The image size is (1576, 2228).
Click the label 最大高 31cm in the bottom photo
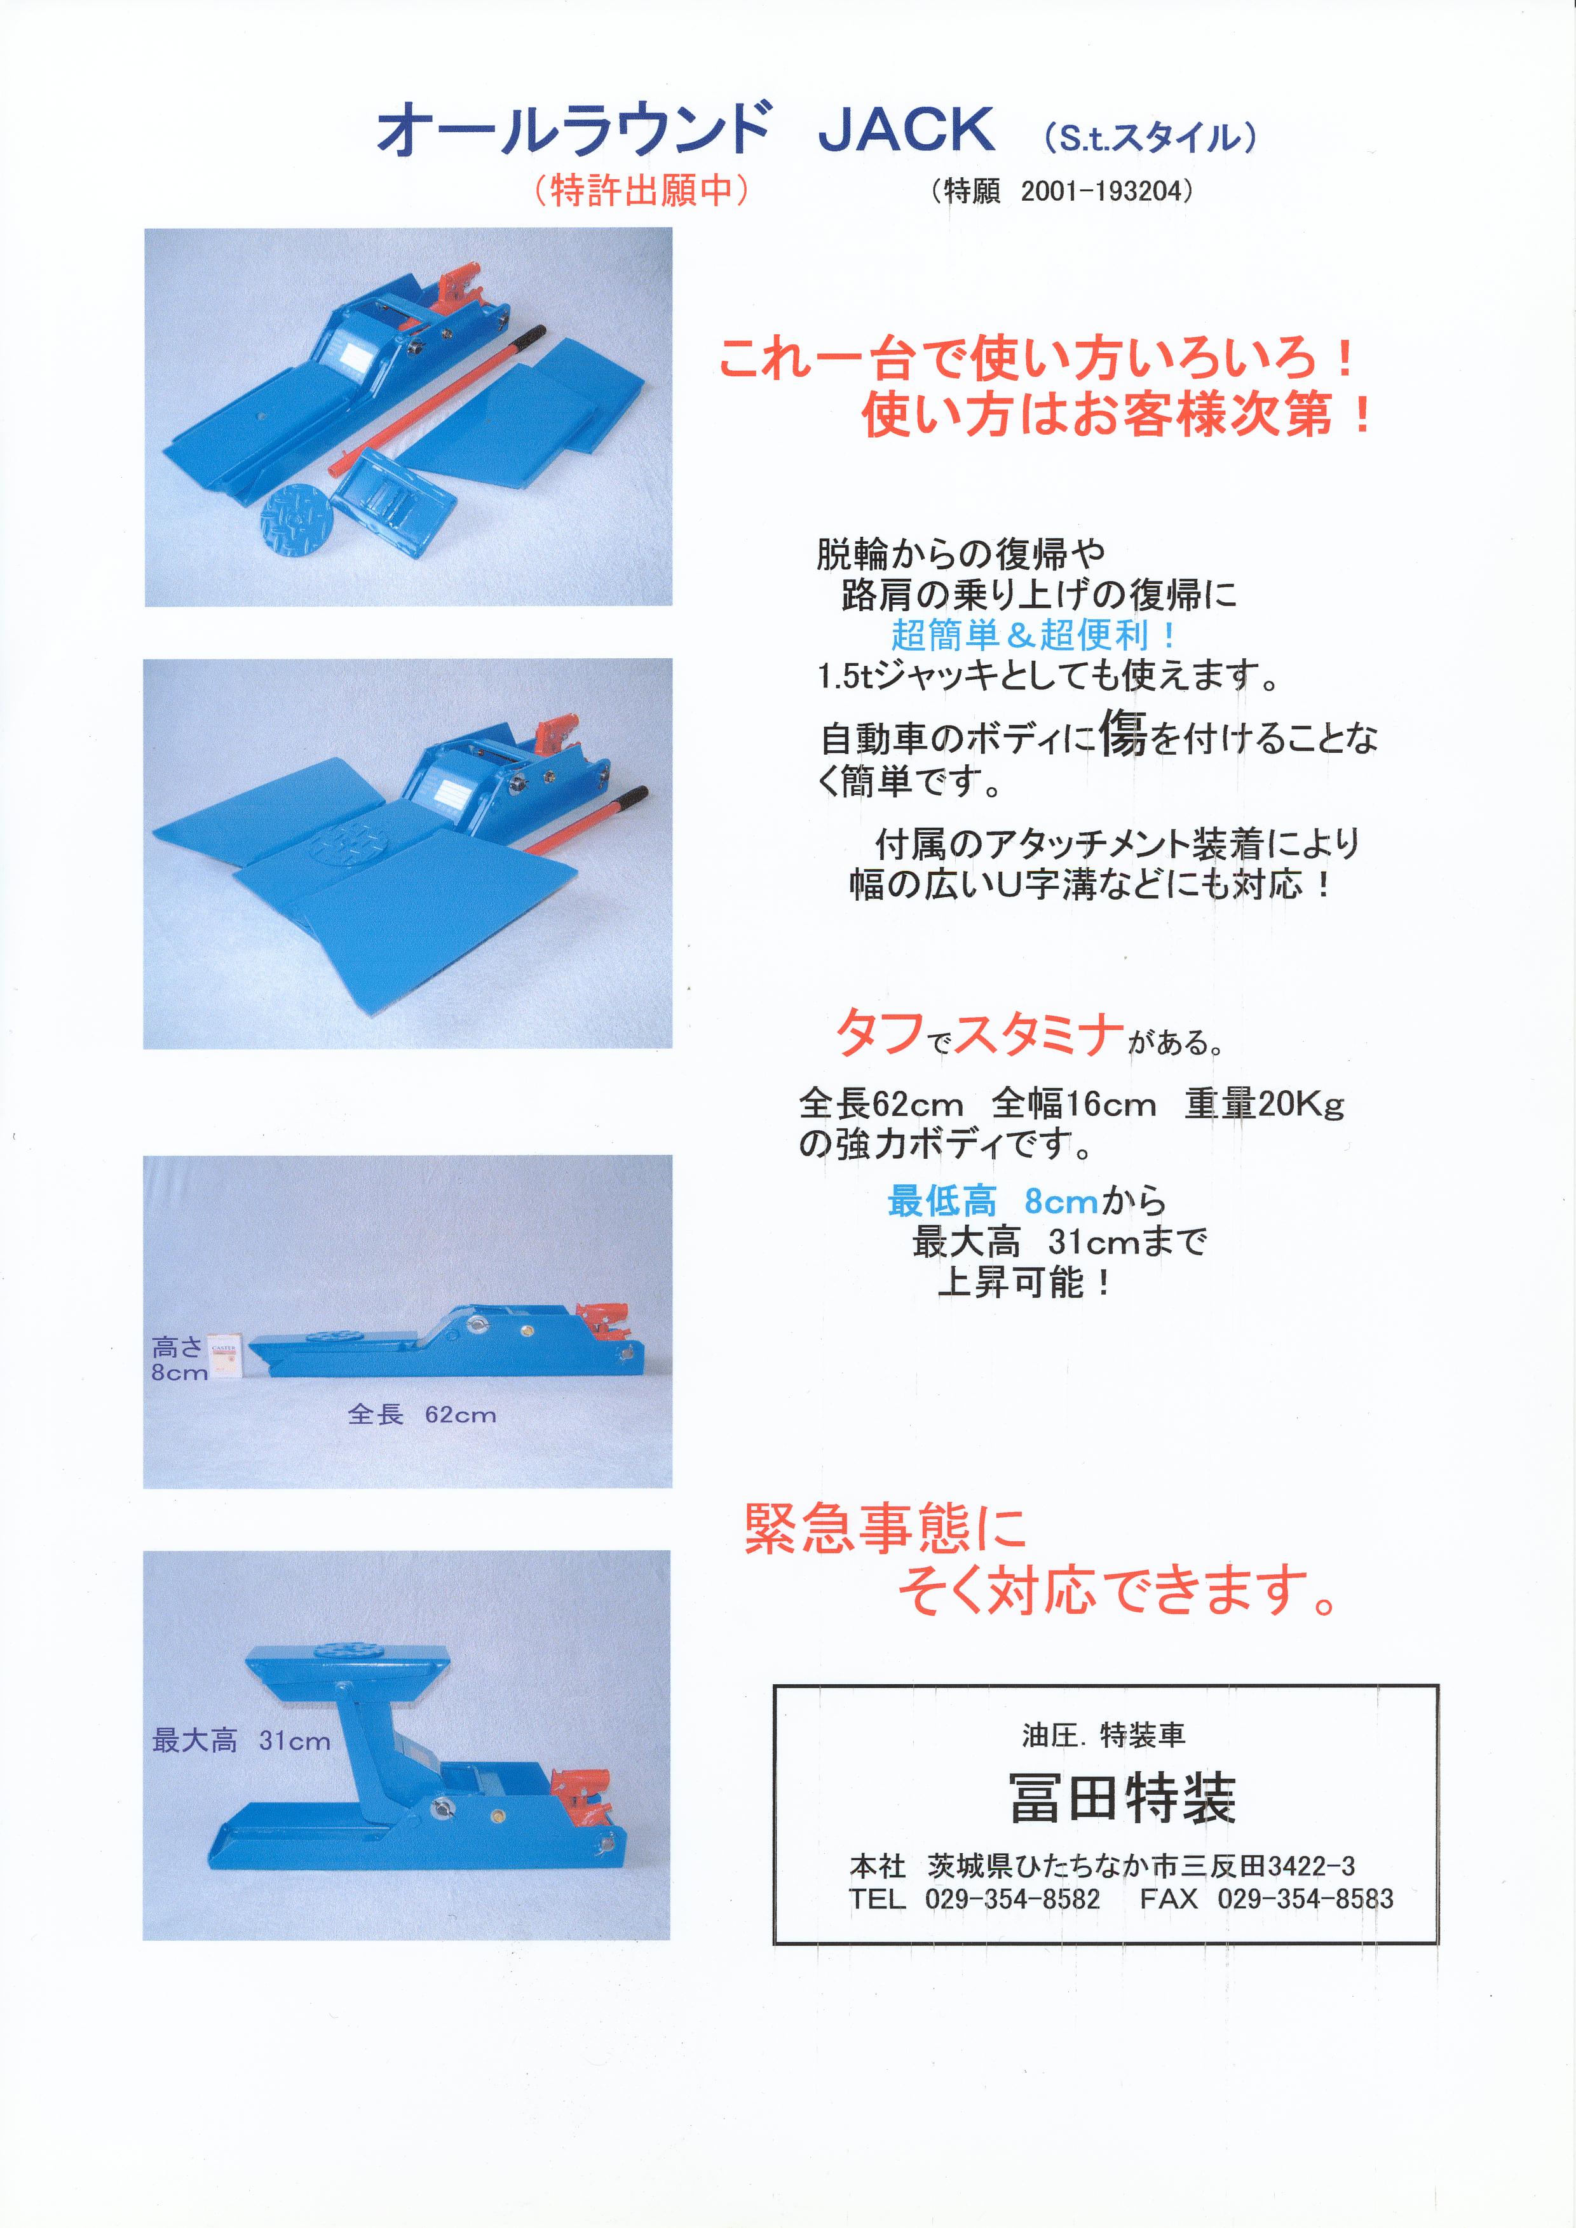pos(241,1741)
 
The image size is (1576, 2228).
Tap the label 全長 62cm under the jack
pos(422,1415)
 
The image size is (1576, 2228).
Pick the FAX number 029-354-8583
pos(1305,1899)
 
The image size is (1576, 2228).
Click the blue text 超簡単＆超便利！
pos(1035,635)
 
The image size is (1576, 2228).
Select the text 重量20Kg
pos(1263,1104)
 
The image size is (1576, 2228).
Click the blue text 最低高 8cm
pos(993,1201)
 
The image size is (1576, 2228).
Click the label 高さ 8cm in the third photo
pos(180,1358)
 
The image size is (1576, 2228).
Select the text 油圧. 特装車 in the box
pos(1103,1735)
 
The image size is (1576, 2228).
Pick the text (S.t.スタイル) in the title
pos(1150,137)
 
